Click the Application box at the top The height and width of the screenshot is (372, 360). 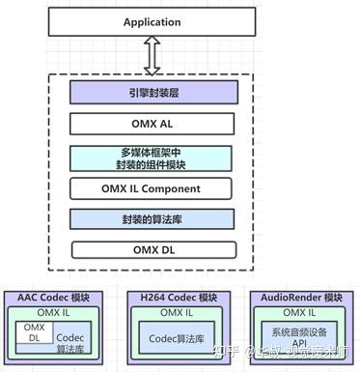[152, 21]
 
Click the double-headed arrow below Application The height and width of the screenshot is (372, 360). [152, 56]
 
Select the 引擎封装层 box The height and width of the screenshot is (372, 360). [152, 93]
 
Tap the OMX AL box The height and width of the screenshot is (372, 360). [152, 125]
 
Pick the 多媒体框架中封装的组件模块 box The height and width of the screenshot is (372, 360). [152, 157]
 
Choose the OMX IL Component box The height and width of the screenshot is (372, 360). [152, 187]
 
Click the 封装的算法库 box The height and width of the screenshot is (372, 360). [152, 218]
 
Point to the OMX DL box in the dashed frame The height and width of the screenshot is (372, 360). [152, 250]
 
